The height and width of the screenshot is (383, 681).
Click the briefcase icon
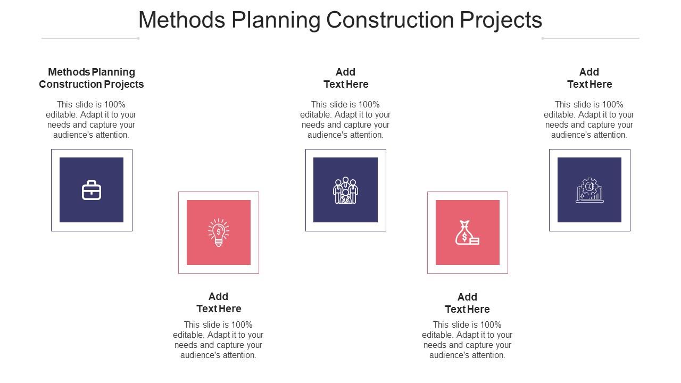tap(92, 190)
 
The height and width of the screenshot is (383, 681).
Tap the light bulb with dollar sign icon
tap(219, 232)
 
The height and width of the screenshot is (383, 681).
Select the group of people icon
tap(345, 190)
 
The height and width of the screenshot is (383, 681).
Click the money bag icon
tap(467, 232)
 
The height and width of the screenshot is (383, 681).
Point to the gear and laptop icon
tap(589, 190)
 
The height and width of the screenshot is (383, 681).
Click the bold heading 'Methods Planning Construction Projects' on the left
tap(92, 78)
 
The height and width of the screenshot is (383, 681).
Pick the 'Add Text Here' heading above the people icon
tap(346, 78)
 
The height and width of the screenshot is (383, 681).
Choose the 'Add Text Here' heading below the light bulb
tap(219, 303)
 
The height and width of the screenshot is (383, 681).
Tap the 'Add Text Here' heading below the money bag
tap(467, 303)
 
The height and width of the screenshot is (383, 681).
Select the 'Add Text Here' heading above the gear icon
tap(589, 78)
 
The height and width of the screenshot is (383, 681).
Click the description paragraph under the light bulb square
tap(218, 340)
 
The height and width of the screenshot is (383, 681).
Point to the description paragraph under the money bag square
tap(467, 340)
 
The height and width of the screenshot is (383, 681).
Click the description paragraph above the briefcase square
tap(91, 120)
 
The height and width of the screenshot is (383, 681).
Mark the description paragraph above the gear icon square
tap(589, 120)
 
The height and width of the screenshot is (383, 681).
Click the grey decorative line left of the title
tap(90, 38)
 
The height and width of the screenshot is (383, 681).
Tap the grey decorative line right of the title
tap(591, 38)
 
